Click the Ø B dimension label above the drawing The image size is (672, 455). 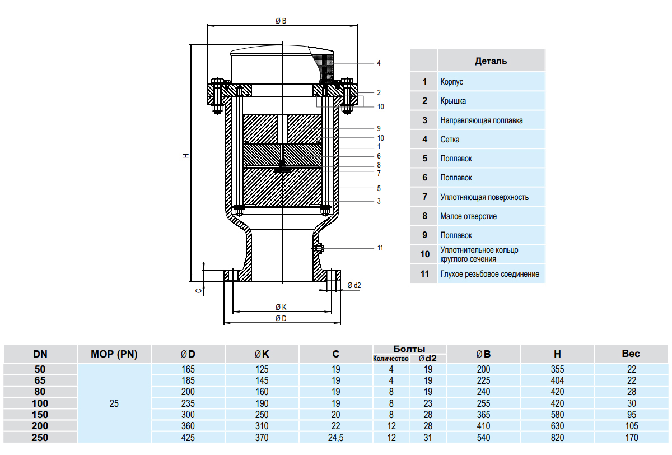(281, 21)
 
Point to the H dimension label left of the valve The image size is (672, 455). (186, 155)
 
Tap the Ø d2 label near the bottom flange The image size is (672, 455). (354, 285)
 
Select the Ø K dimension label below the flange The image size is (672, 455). (281, 307)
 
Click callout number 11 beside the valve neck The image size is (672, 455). (380, 248)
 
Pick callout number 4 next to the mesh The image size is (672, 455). (379, 63)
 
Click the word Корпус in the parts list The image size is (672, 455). (452, 82)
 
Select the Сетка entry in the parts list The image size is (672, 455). (450, 140)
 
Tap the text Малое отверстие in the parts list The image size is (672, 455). (469, 216)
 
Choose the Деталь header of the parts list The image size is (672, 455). (491, 61)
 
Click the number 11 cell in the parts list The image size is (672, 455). (424, 274)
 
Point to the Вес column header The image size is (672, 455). (631, 354)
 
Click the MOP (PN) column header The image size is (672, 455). (114, 354)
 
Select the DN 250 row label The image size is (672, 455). (40, 438)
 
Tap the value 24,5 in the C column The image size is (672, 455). (335, 438)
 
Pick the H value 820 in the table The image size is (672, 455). (557, 438)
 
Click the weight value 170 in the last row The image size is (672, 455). (631, 438)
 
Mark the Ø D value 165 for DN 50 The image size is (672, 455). (188, 369)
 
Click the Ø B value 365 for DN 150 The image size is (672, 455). (483, 415)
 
